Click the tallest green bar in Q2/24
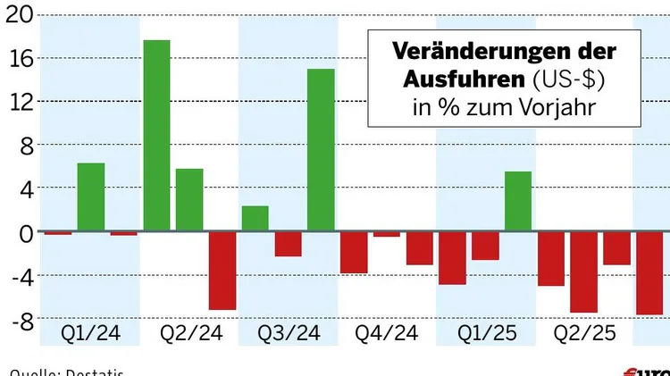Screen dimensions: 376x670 [x=156, y=136]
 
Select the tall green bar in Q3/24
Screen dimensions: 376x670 [x=321, y=150]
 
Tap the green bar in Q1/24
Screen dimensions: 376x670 [x=91, y=197]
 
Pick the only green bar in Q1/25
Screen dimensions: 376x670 [x=518, y=202]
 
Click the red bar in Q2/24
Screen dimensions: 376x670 [x=222, y=271]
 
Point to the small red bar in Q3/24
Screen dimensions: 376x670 [x=288, y=244]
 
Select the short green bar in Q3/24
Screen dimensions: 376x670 [x=255, y=219]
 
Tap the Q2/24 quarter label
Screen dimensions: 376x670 [x=190, y=334]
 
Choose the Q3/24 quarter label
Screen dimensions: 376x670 [x=289, y=334]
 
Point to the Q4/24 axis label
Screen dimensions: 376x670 [x=387, y=334]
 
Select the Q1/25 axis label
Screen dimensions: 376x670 [x=486, y=334]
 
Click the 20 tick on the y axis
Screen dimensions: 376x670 [x=17, y=15]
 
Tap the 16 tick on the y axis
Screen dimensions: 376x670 [x=17, y=59]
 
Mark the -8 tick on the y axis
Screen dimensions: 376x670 [x=17, y=320]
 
